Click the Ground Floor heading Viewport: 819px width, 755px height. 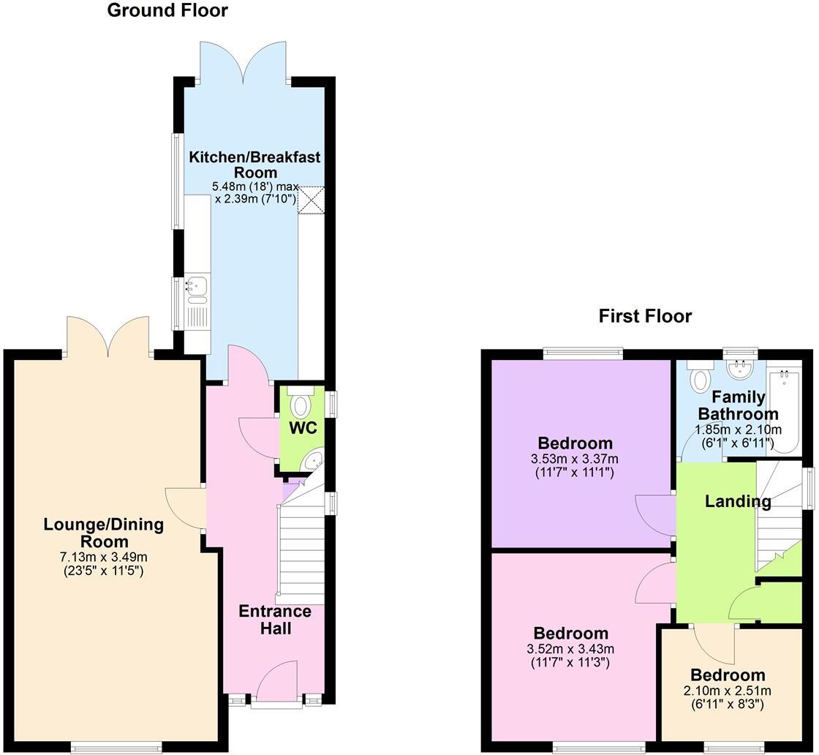pos(167,11)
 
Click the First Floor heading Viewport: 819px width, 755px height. pos(644,316)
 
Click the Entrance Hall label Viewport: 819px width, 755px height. pos(275,620)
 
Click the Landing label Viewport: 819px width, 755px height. pos(737,502)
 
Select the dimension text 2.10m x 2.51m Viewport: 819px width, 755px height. pos(728,691)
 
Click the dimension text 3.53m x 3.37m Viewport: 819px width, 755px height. pos(574,459)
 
